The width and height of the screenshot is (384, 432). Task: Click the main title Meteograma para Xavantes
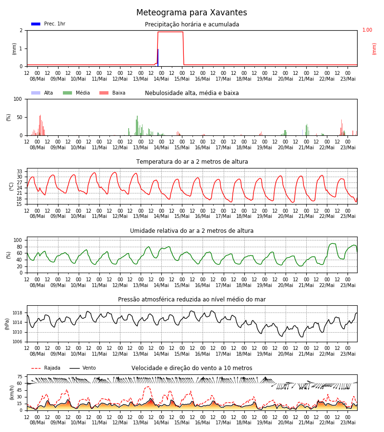[192, 12]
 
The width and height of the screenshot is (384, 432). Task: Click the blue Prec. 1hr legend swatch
[36, 24]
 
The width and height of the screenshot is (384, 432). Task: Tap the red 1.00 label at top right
[367, 30]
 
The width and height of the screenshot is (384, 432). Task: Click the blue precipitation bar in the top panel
[158, 58]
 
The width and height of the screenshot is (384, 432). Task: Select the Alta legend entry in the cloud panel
[42, 93]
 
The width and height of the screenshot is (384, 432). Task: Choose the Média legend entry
[76, 93]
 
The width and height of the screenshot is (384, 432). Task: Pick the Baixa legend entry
[112, 93]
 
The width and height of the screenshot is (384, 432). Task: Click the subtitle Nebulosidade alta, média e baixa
[192, 93]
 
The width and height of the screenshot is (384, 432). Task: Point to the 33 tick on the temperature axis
[19, 172]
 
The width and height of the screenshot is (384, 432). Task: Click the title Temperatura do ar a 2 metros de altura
[192, 162]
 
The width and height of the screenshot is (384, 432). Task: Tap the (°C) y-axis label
[12, 187]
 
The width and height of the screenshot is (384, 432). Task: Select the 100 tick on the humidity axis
[18, 240]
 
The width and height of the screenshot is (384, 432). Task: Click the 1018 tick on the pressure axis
[17, 313]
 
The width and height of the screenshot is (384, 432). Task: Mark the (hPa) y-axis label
[7, 324]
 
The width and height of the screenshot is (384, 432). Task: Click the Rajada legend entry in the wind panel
[46, 368]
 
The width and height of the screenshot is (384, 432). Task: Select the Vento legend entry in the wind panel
[83, 368]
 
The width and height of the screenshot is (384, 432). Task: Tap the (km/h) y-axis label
[12, 393]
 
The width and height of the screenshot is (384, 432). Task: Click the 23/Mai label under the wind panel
[348, 422]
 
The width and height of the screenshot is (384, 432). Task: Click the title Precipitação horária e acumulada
[192, 24]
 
